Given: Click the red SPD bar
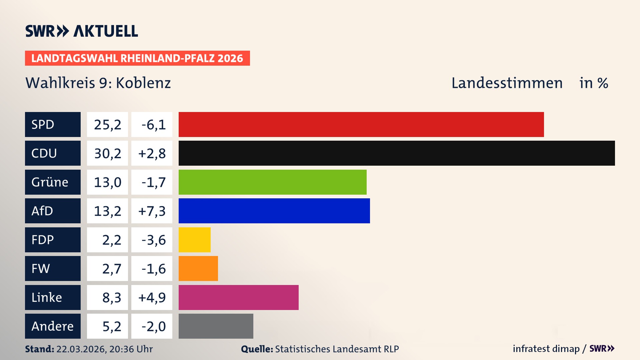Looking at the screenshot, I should coord(361,124).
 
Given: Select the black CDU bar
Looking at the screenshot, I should coord(397,153).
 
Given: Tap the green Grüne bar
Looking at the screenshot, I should coord(272,182).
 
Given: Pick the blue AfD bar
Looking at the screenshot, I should coord(274,211).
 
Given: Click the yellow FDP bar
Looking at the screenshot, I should coord(194,240).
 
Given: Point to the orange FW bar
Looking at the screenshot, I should coord(198,268).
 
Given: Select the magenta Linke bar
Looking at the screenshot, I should coord(238,297).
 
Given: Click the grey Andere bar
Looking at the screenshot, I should coord(216,326).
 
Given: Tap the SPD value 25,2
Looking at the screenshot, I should coord(107,125).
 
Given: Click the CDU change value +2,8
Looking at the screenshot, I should coord(152,153).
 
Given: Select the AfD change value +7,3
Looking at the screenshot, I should coord(152,211).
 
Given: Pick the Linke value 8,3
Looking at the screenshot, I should coord(111,297).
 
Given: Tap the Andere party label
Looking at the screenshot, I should coord(53,326).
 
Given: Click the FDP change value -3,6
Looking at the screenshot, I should coord(153,240).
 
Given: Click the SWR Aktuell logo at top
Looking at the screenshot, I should coord(81,31).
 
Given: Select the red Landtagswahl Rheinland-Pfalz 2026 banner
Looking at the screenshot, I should coord(137,58).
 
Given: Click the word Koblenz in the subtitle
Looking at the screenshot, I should coord(143,83).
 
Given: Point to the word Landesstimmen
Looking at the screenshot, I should coord(507,83).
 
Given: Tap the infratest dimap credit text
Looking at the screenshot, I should coord(546,349).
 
